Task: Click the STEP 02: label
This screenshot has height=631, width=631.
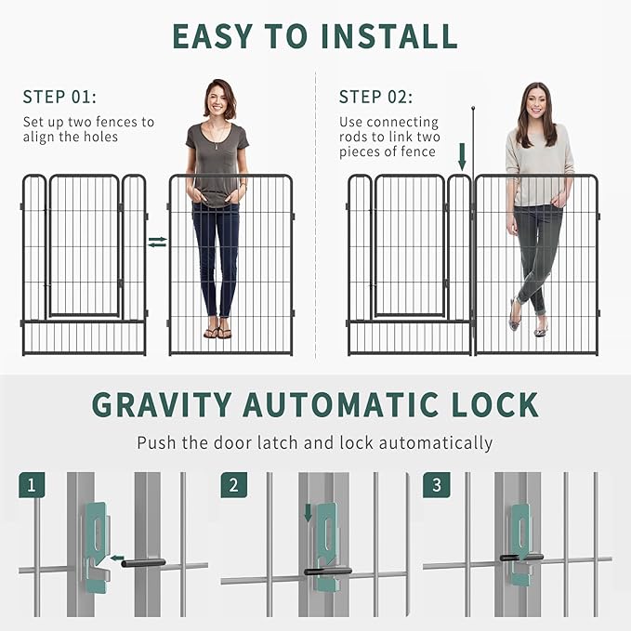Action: click(375, 97)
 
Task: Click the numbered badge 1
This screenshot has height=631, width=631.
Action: click(31, 484)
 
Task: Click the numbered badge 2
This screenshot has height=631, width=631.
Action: click(233, 484)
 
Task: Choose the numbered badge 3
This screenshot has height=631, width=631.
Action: click(436, 484)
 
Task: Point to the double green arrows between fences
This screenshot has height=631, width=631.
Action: click(157, 242)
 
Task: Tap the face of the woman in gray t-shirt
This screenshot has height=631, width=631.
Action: click(219, 99)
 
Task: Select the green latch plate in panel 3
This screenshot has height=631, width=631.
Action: click(519, 543)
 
